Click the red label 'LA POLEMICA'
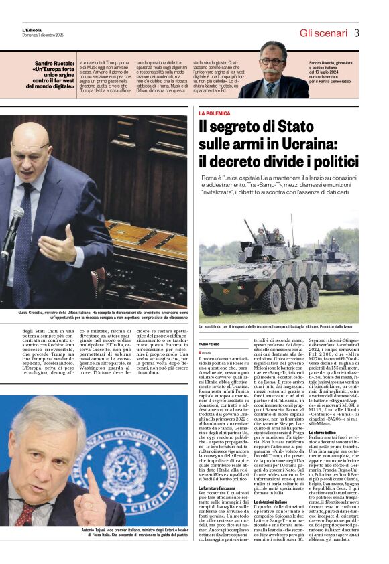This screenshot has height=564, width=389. (214, 114)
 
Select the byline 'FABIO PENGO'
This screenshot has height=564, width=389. (210, 344)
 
